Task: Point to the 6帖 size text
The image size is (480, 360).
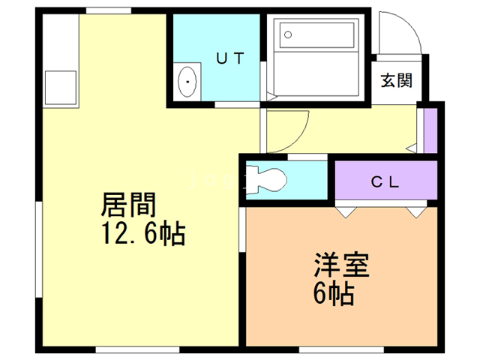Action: point(333,292)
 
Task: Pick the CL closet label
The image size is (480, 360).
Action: point(385,181)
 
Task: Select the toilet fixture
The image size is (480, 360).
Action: point(265,178)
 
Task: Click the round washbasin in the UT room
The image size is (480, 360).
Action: point(187,79)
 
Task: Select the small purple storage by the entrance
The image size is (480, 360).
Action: point(430,130)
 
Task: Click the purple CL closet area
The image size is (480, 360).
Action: point(385,181)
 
